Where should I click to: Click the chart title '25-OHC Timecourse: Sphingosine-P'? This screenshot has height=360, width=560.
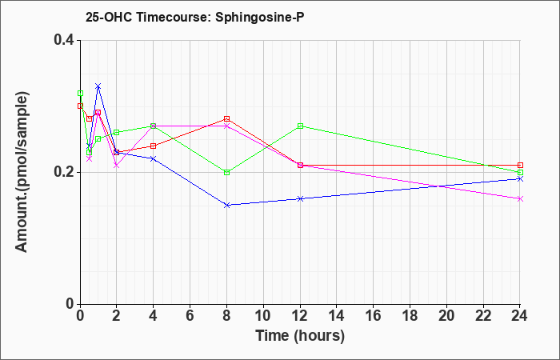pos(194,17)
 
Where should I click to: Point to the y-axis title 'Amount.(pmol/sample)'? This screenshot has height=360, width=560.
pos(22,172)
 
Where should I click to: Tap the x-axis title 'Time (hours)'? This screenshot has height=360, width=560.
pos(300,336)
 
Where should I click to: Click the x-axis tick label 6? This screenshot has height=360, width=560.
pos(190,316)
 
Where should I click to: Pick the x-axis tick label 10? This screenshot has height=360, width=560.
pos(263,316)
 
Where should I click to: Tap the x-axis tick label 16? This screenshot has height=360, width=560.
pos(374,316)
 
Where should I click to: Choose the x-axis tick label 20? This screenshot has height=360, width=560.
pos(446,316)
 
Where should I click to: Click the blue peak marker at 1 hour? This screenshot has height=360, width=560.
pos(98,86)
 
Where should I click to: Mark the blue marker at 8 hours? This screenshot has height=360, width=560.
pos(226,205)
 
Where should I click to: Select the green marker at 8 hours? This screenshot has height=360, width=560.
pos(226,172)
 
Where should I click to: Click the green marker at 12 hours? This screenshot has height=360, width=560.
pos(300,126)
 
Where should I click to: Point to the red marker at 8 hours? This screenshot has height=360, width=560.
pos(226,118)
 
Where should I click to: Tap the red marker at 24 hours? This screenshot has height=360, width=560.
pos(520,165)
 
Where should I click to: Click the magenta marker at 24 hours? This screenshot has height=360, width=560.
pos(520,198)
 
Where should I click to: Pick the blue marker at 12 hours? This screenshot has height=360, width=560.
pos(300,198)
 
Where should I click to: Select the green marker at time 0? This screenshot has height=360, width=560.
pos(80,94)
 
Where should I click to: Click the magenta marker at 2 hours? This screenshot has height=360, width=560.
pos(117,166)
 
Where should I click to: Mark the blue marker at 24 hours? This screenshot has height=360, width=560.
pos(520,178)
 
